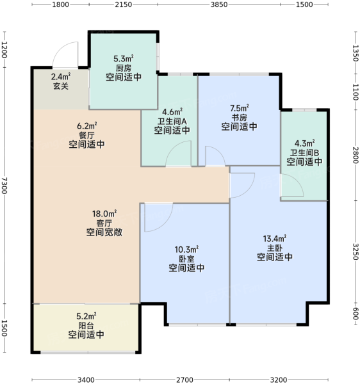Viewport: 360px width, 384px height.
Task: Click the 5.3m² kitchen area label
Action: coord(124,59)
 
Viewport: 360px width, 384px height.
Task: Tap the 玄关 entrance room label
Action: coord(61,86)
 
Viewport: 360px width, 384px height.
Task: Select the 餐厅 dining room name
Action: coord(86,135)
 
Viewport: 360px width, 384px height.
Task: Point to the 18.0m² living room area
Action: coord(104,214)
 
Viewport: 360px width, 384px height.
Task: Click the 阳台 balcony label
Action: coord(86,326)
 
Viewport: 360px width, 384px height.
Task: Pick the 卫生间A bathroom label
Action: coord(172,121)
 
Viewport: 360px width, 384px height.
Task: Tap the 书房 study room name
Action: coord(240,118)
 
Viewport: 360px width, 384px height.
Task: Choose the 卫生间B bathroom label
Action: coord(305,153)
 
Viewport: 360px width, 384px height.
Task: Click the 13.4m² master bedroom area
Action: coord(275,239)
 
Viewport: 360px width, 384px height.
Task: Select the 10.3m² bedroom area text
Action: coord(186,250)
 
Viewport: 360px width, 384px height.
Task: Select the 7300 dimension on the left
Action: coord(4,186)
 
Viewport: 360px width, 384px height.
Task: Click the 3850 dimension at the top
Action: coord(219,4)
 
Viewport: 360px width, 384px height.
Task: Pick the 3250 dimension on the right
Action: coord(356,252)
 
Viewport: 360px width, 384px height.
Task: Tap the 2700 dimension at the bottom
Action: coord(184,380)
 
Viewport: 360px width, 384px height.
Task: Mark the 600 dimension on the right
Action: coord(356,314)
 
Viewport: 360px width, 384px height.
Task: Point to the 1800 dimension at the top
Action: coord(60,4)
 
